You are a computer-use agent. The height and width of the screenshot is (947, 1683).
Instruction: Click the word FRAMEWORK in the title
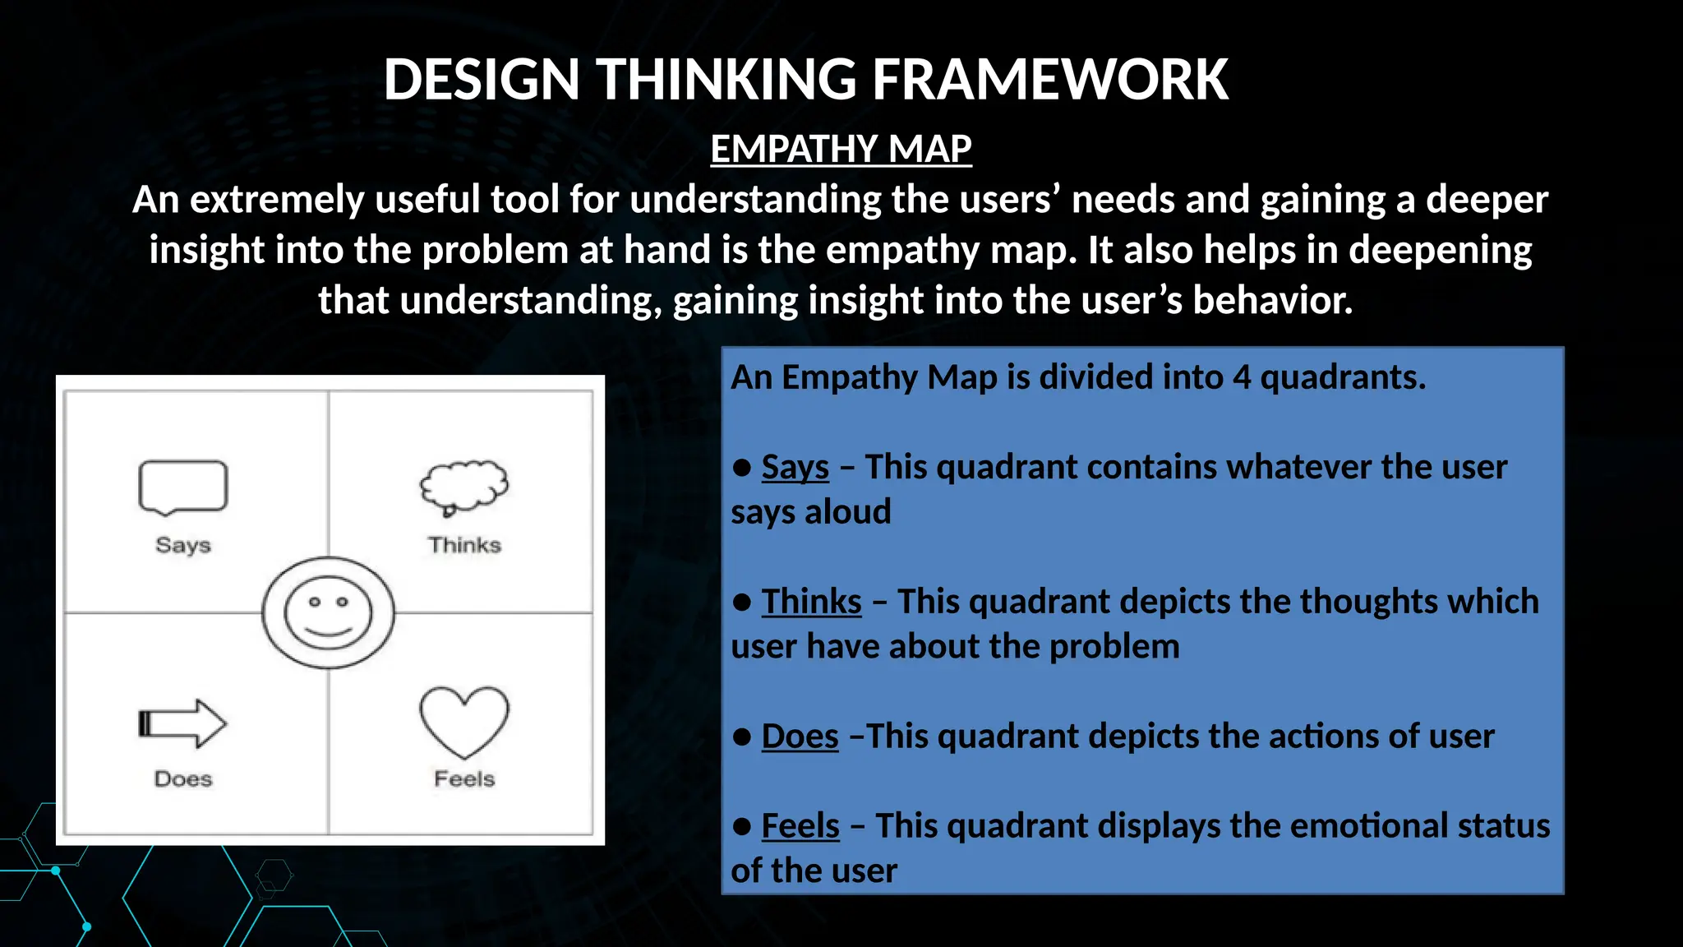tap(1049, 80)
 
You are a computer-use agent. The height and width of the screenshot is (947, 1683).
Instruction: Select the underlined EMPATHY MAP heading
tap(841, 150)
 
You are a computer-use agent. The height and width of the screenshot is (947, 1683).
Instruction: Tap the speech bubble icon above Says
tap(182, 487)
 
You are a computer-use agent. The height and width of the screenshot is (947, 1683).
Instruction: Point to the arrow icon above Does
tap(182, 723)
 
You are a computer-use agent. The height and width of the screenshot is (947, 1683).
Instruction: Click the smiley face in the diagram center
tap(328, 612)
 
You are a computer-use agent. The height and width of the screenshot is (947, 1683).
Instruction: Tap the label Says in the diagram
tap(183, 545)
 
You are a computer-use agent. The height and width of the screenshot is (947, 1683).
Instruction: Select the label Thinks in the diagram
tap(464, 545)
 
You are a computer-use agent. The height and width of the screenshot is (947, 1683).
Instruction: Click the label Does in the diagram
tap(183, 778)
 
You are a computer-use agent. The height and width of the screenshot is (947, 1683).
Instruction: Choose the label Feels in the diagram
tap(464, 778)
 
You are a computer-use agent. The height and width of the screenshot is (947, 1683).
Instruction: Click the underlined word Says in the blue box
tap(795, 468)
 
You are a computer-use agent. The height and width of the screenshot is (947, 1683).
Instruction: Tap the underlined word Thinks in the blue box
tap(811, 602)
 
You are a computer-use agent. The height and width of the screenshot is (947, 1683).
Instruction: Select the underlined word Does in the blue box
tap(800, 737)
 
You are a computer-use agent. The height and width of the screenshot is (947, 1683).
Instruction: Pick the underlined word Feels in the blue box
tap(800, 826)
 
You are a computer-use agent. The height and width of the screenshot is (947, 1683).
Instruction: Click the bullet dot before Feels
tap(742, 827)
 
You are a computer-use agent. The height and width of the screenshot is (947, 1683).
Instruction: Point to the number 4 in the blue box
tap(1242, 378)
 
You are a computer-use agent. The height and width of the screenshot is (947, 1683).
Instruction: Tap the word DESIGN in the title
tap(482, 80)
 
